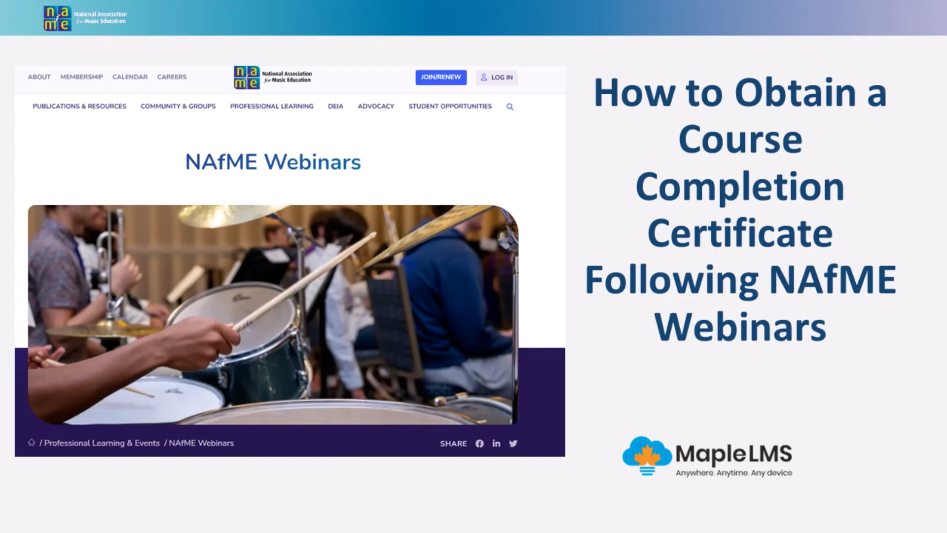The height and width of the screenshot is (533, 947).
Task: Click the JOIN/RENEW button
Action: pos(440,77)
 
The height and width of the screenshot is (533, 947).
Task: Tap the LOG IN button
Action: pos(497,77)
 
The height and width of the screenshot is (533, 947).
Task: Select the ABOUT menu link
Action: pos(39,77)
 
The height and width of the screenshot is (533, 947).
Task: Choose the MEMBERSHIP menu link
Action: pos(81,77)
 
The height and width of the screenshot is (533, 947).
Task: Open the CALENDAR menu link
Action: pos(130,77)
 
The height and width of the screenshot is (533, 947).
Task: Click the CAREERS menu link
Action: pos(172,77)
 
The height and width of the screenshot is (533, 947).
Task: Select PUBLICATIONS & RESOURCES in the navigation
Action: pos(79,106)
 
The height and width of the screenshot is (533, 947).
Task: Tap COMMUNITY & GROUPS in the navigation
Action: pos(178,106)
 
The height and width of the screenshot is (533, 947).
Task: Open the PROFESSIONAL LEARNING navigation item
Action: pos(272,106)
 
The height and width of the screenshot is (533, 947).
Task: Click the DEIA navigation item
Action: pos(335,106)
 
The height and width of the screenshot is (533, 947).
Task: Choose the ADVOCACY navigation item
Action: pos(376,106)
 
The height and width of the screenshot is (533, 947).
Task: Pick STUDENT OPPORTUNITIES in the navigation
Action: pos(450,106)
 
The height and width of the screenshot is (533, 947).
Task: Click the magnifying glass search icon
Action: pos(510,107)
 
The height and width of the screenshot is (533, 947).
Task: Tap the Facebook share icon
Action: pos(479,444)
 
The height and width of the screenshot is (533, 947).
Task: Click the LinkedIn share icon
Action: pos(496,444)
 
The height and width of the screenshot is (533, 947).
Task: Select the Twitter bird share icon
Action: pos(513,444)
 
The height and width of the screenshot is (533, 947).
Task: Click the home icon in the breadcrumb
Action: pos(32,442)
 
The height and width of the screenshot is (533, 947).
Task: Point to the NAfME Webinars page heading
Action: pos(273,162)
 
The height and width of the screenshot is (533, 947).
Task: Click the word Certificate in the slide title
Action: pos(740,233)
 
